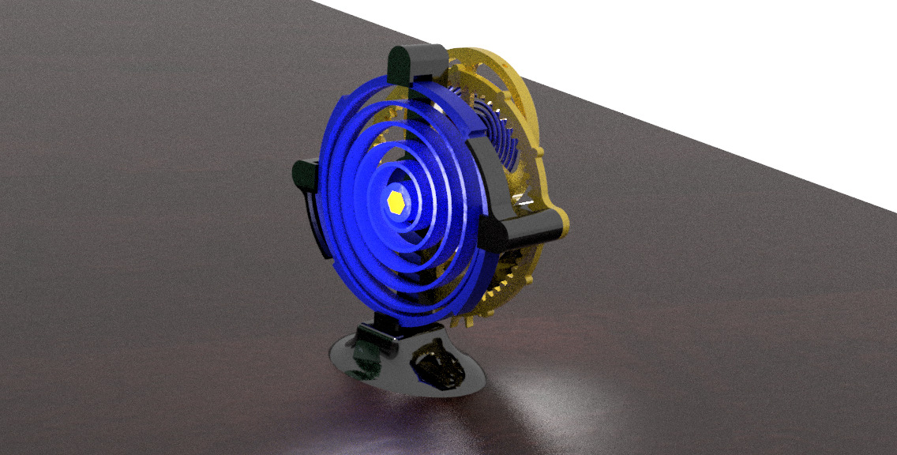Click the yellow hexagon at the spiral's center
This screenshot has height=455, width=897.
396,201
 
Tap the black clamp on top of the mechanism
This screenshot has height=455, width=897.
416,63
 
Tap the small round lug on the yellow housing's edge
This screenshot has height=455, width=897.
541,150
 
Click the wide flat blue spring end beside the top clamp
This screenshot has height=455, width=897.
466,111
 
